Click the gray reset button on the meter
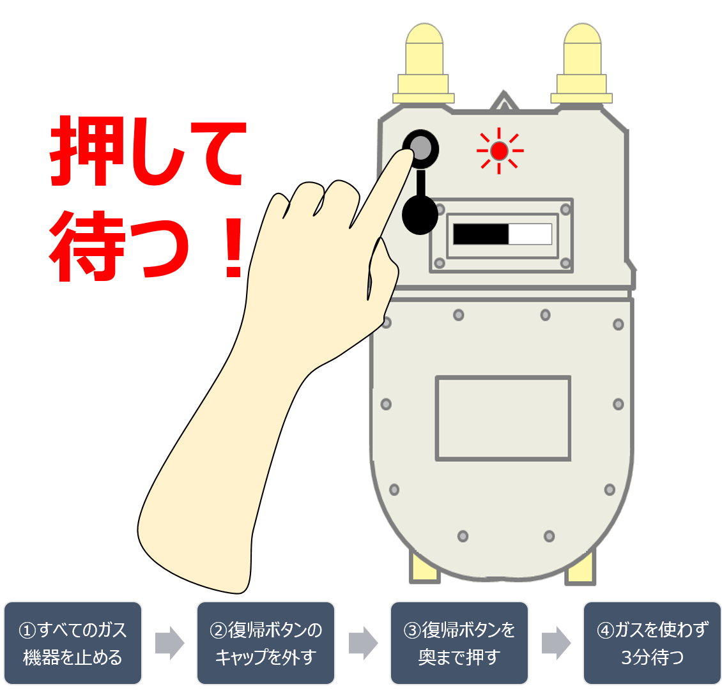(x=420, y=148)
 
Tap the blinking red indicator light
(x=500, y=151)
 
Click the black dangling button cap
(x=420, y=215)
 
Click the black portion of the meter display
(x=480, y=234)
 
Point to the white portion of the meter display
(x=530, y=234)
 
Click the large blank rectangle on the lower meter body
(x=503, y=418)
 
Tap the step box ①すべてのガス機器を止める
(x=73, y=642)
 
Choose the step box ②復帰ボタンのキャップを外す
(x=266, y=642)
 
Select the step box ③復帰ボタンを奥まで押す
(x=459, y=642)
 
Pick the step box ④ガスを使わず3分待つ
(x=652, y=642)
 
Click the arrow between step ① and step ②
(x=169, y=643)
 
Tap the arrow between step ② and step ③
(x=363, y=643)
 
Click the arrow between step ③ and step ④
(x=556, y=643)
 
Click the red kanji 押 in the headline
(x=83, y=151)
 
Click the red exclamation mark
(x=233, y=248)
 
